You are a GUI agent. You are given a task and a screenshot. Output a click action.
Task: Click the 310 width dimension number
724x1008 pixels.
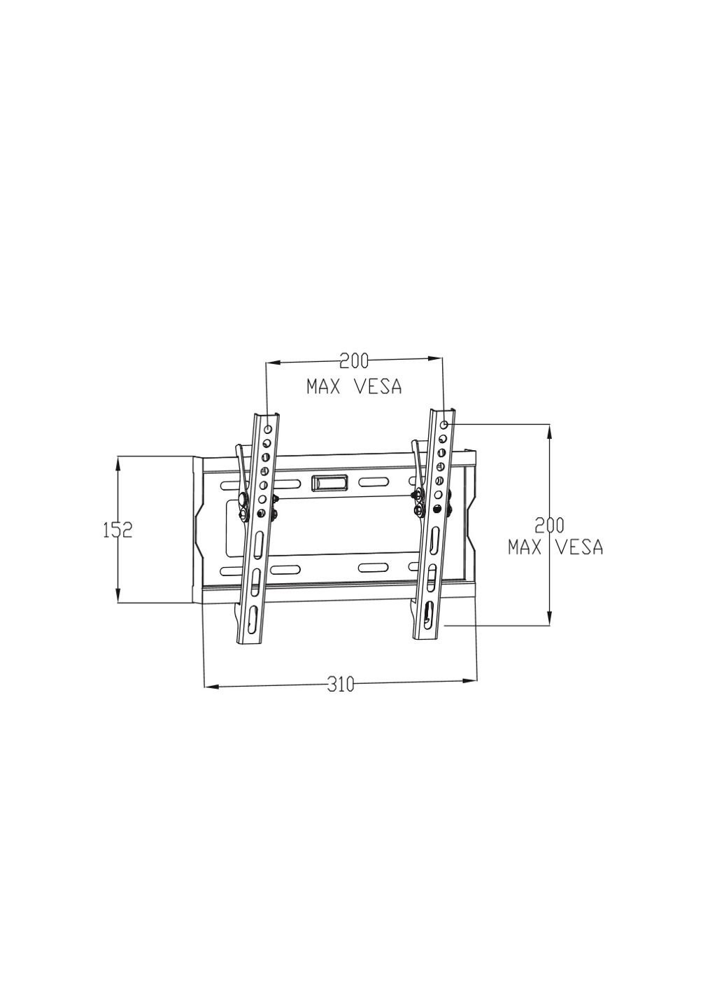(x=341, y=685)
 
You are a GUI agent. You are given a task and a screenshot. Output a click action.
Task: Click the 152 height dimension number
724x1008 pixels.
(x=118, y=530)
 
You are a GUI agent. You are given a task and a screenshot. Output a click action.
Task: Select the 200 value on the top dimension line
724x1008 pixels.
(x=354, y=361)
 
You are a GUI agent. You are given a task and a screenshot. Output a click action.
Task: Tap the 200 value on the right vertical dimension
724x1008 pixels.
(x=549, y=525)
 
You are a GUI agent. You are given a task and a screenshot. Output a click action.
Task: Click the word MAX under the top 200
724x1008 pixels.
(x=323, y=386)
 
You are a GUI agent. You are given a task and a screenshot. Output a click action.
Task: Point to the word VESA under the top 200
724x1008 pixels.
(x=378, y=386)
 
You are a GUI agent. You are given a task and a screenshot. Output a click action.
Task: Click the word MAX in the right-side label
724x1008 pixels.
(x=525, y=547)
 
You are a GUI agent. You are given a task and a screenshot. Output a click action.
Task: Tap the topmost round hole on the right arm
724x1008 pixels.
(x=445, y=425)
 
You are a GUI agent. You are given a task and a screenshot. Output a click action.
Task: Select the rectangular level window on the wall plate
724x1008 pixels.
(x=329, y=482)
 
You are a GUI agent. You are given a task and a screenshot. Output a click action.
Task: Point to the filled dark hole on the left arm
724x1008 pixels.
(x=261, y=513)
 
